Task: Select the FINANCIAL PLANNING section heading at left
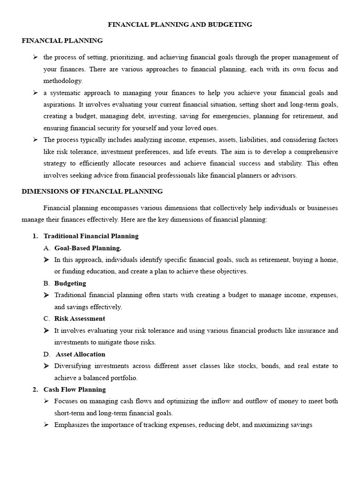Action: coord(62,41)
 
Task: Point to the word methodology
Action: coord(62,81)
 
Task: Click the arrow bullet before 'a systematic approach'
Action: coord(35,93)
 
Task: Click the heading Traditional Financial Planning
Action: coord(91,236)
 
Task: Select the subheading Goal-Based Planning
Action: coord(88,248)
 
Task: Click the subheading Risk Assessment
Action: coord(80,318)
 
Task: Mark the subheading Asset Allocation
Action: coord(81,354)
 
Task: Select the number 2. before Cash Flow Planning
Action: coord(35,389)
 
